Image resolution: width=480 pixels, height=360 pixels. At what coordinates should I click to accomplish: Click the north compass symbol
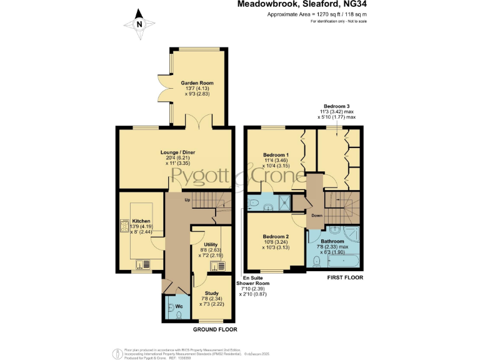click(x=139, y=24)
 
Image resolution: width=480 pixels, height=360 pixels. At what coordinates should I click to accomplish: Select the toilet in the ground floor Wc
click(x=178, y=316)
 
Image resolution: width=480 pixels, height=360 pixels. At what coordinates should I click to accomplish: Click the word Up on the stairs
click(x=187, y=200)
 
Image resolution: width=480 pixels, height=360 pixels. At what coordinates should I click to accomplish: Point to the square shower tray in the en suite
click(x=285, y=201)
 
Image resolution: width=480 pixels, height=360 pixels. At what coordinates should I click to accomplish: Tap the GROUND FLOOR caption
click(x=215, y=329)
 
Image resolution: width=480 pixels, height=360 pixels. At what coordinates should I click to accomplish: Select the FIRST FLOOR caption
click(x=346, y=277)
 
